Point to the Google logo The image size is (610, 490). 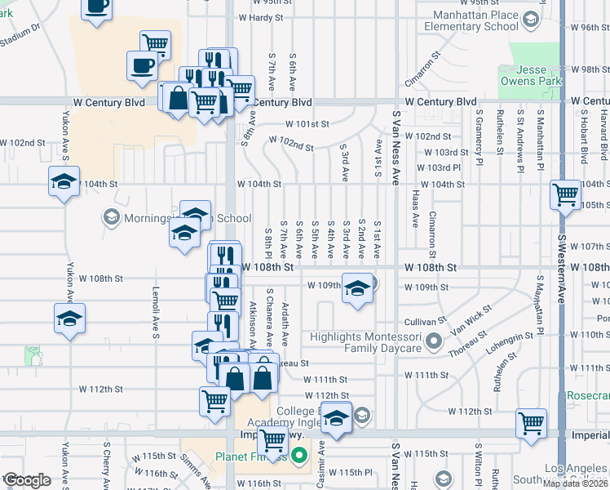click(27, 480)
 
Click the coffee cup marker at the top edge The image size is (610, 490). click(97, 7)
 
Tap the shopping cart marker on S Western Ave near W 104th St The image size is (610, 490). click(565, 196)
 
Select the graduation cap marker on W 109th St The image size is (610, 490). click(356, 290)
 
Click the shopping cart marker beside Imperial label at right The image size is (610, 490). click(531, 425)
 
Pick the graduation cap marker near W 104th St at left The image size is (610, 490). click(63, 183)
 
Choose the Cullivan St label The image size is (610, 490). click(422, 322)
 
